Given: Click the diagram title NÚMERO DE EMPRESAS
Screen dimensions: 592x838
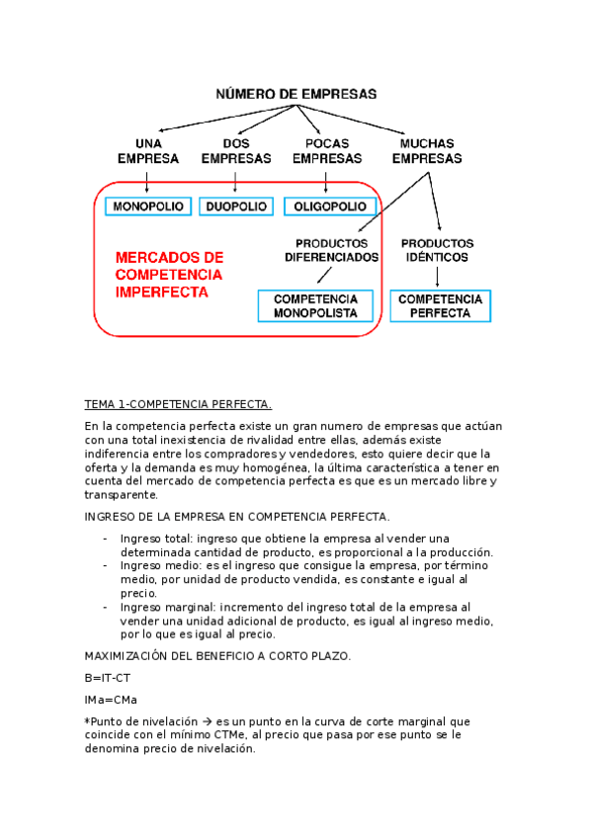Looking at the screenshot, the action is [296, 94].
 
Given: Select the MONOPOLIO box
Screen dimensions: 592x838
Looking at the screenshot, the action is [146, 207].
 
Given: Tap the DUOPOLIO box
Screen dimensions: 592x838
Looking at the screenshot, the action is [235, 207].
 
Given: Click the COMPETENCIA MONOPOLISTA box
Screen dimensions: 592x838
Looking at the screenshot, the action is [315, 305].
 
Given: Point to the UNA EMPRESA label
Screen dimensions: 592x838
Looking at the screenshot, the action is [147, 150].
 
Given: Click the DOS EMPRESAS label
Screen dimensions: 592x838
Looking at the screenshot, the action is [235, 150].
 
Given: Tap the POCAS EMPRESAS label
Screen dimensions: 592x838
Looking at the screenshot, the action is [326, 150].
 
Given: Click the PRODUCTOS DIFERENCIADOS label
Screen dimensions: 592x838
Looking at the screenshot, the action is [331, 250].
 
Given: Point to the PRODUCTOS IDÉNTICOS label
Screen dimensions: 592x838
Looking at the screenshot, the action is [437, 250].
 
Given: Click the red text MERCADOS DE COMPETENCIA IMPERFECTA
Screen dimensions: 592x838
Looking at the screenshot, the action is [169, 274].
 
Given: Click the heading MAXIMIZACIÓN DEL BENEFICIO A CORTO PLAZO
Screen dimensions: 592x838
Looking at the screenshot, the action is [217, 657].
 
